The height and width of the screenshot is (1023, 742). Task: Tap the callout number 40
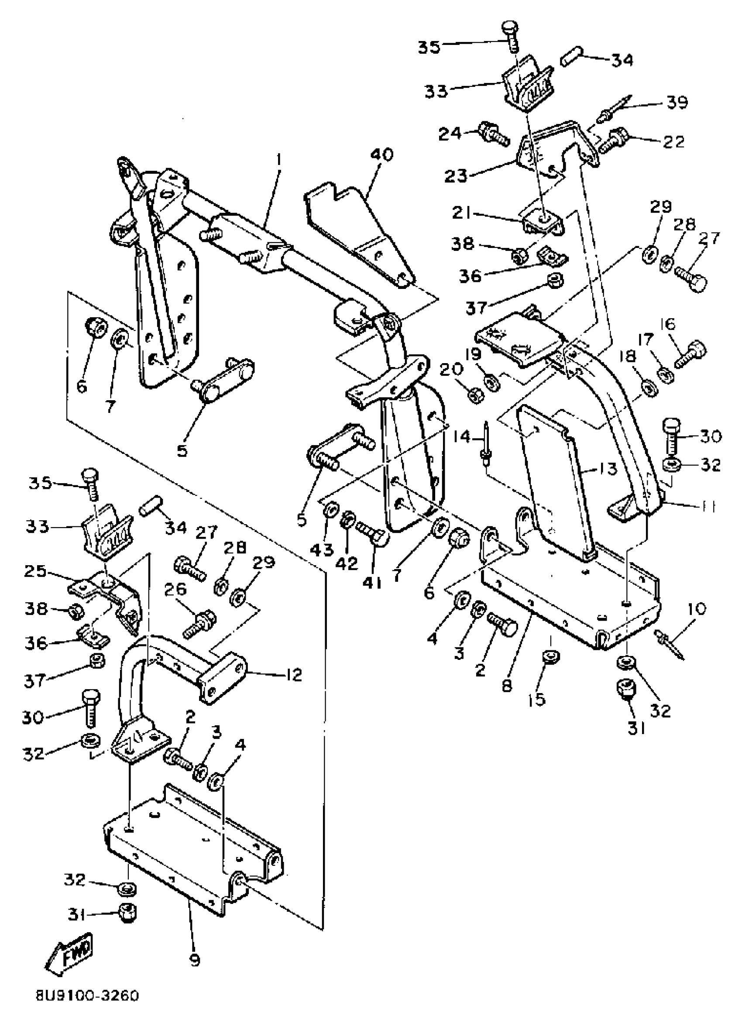[381, 154]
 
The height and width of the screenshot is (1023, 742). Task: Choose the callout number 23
[455, 175]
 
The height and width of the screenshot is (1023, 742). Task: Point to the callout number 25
[35, 572]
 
